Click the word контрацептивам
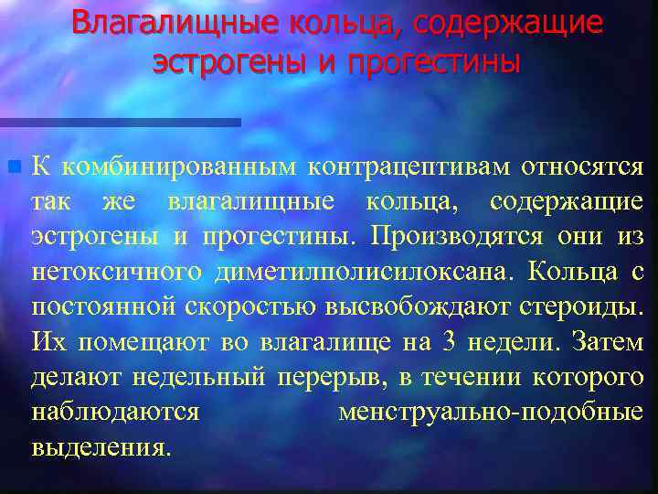point(409,167)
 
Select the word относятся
point(582,167)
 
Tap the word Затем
point(607,342)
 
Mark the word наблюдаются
point(115,412)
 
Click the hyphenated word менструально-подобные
point(490,412)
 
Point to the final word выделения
point(101,447)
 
